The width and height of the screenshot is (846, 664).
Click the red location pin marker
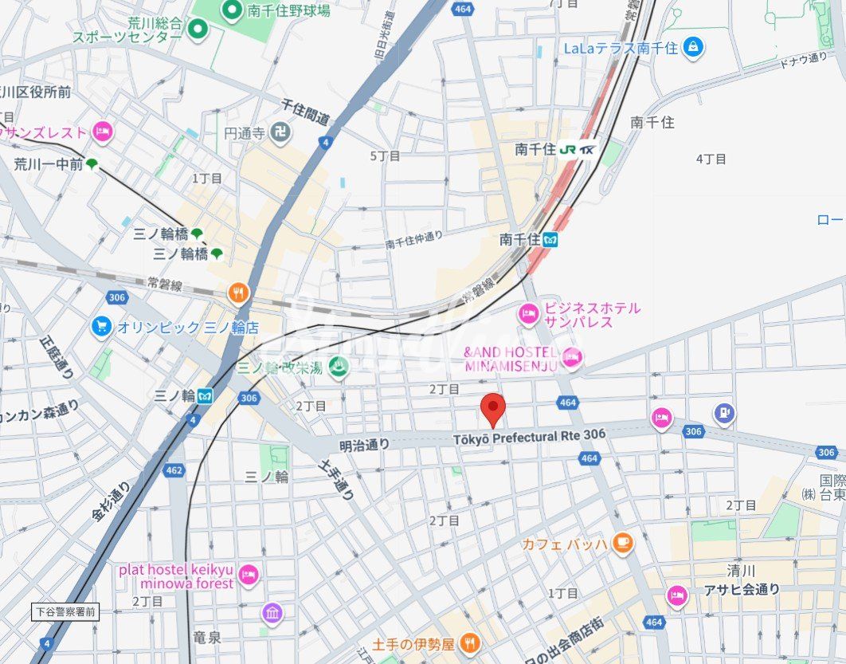495,409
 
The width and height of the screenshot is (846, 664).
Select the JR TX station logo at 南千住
578,149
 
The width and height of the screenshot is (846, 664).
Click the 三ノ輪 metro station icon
206,395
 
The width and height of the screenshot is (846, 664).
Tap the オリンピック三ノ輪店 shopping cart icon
101,327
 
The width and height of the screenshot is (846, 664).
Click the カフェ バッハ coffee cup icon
622,544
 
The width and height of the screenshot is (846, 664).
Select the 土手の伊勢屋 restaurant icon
470,642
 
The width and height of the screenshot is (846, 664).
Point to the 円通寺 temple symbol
279,133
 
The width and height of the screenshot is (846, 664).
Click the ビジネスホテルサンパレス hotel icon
529,315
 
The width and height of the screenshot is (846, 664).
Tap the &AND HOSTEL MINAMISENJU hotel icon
570,358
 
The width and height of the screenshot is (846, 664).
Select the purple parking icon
724,413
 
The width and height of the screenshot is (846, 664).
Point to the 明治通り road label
364,445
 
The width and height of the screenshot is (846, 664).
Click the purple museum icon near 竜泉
272,613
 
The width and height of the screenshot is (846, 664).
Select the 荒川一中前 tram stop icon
92,164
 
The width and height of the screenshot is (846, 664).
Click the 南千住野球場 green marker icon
232,10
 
